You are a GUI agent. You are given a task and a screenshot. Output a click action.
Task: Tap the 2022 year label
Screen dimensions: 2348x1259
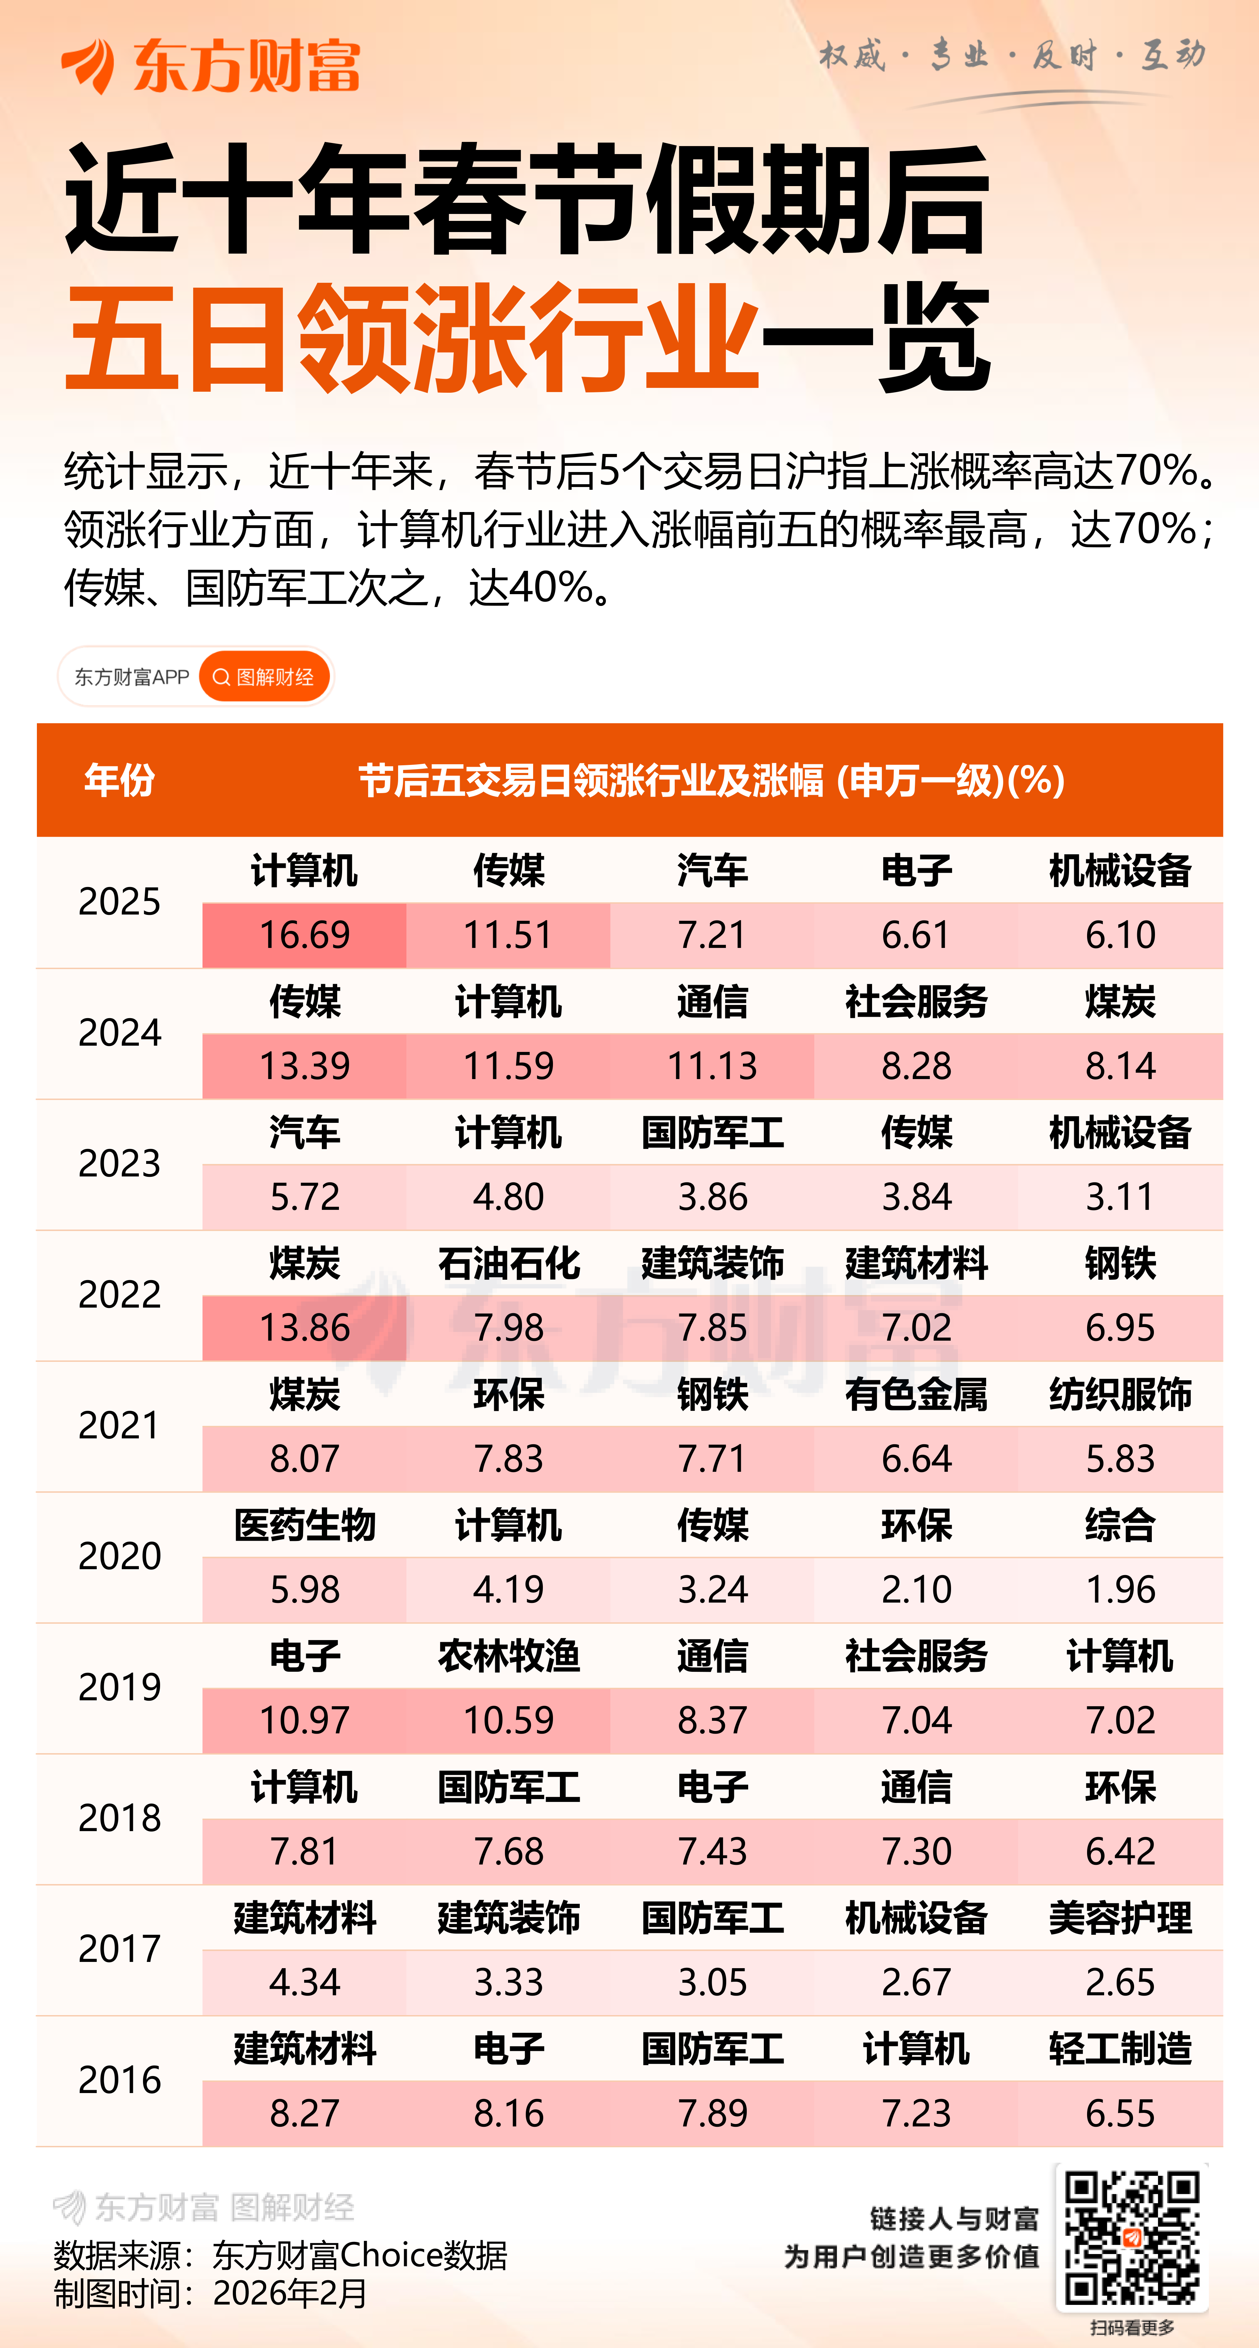click(x=119, y=1294)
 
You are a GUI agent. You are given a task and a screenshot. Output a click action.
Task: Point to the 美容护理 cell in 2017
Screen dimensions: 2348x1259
click(x=1119, y=1918)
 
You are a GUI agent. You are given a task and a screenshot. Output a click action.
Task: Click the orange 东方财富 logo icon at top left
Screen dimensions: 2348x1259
click(x=88, y=66)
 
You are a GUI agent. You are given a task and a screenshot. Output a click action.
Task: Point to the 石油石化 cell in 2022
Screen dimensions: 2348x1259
click(x=509, y=1263)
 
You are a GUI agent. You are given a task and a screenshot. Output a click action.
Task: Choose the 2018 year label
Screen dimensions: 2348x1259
click(x=119, y=1819)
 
